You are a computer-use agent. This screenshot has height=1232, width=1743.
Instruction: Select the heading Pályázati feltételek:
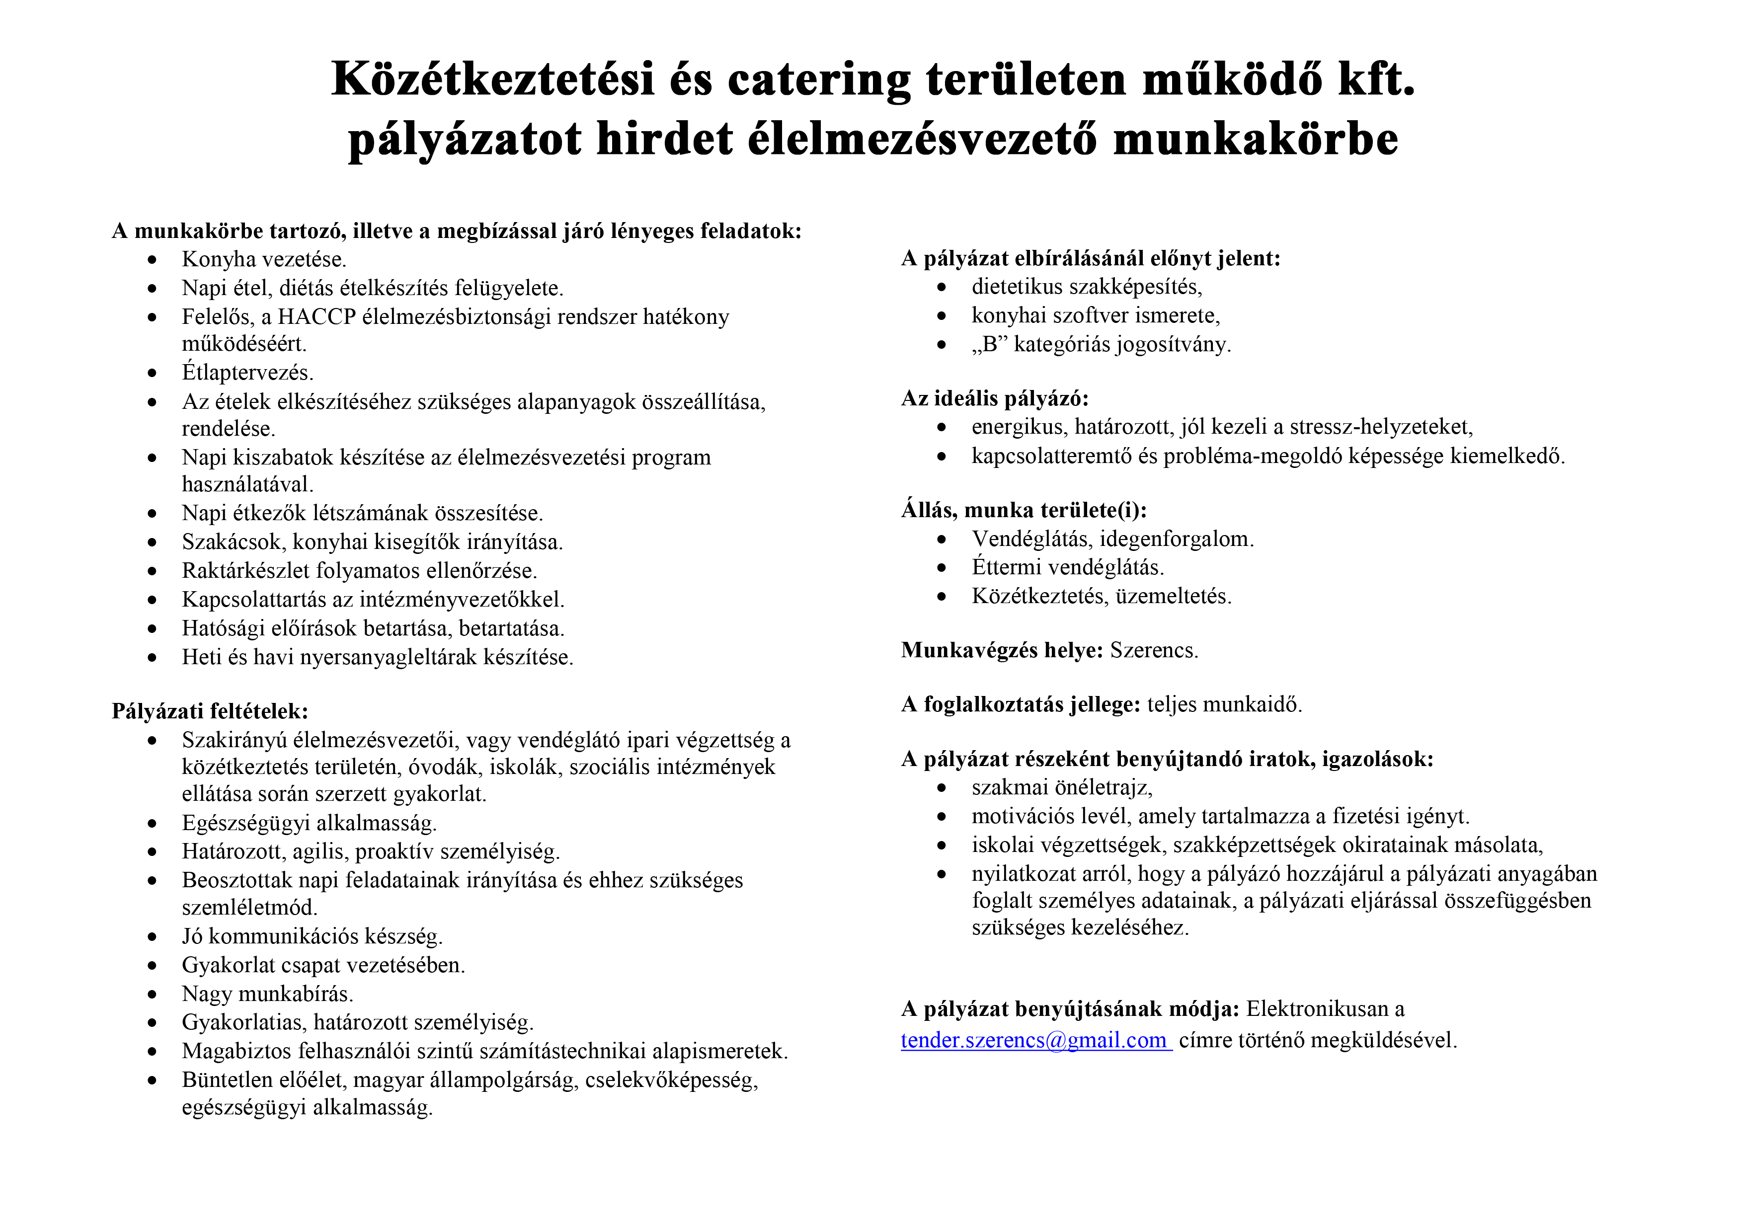pyautogui.click(x=210, y=711)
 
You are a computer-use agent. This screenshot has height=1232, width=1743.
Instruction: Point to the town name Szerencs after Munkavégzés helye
pyautogui.click(x=1153, y=651)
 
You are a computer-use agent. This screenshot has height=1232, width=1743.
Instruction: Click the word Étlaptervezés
pyautogui.click(x=247, y=373)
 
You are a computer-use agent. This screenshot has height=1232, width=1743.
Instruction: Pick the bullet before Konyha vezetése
pyautogui.click(x=153, y=260)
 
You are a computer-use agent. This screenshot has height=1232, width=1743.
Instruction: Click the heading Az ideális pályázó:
pyautogui.click(x=995, y=398)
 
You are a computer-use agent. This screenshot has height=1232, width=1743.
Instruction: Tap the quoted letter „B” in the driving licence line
pyautogui.click(x=989, y=345)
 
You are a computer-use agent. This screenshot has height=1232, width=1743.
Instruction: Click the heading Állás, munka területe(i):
pyautogui.click(x=1024, y=510)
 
